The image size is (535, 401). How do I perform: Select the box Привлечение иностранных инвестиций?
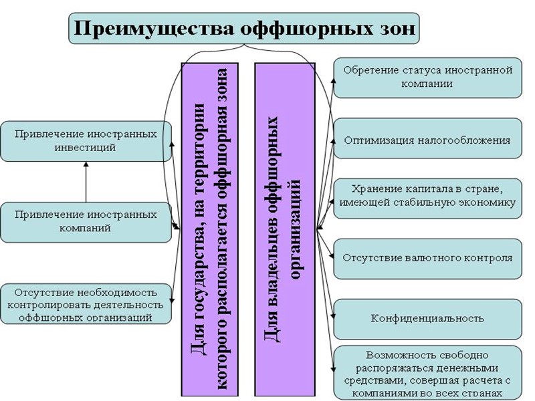tap(86, 140)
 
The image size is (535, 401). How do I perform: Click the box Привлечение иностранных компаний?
tap(86, 222)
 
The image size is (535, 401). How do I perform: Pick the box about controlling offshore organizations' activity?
tap(86, 304)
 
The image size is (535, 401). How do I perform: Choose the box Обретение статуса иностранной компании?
tap(427, 77)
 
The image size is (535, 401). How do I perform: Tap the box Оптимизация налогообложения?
tap(427, 140)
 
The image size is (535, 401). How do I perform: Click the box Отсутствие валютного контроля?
tap(427, 257)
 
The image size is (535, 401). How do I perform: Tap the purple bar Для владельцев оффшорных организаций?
tap(284, 227)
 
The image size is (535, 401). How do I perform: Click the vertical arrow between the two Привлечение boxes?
tap(86, 182)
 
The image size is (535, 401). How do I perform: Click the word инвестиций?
tap(86, 147)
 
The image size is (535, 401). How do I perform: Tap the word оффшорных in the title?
tap(290, 29)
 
